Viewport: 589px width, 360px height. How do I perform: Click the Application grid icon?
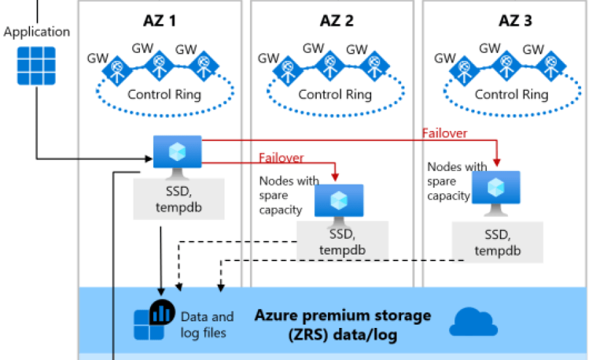point(36,65)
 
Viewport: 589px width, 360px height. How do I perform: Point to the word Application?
point(37,31)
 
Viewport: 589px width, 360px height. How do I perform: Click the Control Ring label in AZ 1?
point(164,94)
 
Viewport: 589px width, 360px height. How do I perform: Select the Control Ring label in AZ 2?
point(335,94)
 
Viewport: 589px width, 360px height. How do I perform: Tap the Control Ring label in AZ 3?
point(511,94)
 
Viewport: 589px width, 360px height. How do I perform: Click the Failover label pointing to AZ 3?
point(444,133)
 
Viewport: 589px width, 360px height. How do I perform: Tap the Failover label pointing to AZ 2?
point(281,158)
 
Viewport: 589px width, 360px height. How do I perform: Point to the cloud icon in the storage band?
point(474,321)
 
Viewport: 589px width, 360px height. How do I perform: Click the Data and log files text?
point(207,325)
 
